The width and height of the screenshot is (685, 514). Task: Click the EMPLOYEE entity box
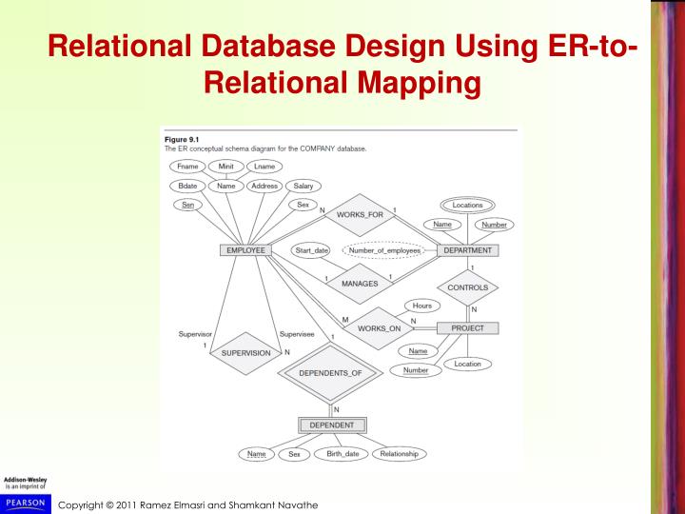pyautogui.click(x=245, y=250)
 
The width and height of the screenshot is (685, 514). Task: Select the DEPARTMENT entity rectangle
pyautogui.click(x=467, y=250)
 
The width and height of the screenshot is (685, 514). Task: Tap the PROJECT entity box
pyautogui.click(x=467, y=328)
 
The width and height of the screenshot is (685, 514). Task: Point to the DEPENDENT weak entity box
pyautogui.click(x=332, y=425)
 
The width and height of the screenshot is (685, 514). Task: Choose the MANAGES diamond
pyautogui.click(x=359, y=283)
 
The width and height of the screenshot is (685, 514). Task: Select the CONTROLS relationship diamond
pyautogui.click(x=467, y=287)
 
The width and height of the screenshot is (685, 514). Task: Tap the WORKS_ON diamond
pyautogui.click(x=378, y=328)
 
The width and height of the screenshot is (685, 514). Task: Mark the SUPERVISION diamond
pyautogui.click(x=245, y=352)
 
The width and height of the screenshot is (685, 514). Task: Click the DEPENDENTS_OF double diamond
pyautogui.click(x=331, y=373)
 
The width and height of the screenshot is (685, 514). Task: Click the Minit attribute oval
pyautogui.click(x=226, y=167)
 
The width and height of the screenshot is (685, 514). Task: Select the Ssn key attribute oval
pyautogui.click(x=188, y=206)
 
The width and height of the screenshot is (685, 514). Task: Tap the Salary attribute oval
pyautogui.click(x=303, y=186)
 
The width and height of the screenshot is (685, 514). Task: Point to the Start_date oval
pyautogui.click(x=311, y=250)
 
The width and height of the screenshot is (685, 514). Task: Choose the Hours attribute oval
pyautogui.click(x=421, y=306)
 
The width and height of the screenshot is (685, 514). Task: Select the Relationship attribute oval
pyautogui.click(x=400, y=454)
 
